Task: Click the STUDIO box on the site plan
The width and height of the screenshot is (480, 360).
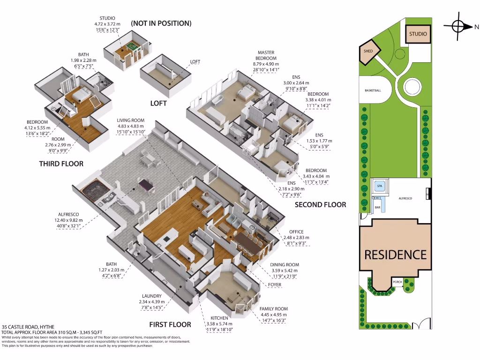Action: pos(418,34)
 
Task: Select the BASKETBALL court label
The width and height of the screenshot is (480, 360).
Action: pos(373,90)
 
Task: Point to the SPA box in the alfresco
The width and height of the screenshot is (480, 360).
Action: pos(379,186)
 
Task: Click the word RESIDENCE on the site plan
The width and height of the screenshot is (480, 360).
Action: pos(396,255)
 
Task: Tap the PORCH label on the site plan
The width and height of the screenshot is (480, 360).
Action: pos(397,282)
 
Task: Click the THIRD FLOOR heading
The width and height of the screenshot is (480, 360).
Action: pos(61,164)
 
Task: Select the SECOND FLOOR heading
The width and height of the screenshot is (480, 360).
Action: pos(320,204)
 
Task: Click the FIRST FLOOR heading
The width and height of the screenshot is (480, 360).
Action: pos(170,324)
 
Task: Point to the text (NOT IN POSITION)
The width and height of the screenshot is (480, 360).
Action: pos(161,23)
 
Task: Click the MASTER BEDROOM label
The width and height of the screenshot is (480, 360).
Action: pos(266,55)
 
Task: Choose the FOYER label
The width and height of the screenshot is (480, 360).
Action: pos(275,285)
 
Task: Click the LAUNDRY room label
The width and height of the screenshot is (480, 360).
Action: pos(152,296)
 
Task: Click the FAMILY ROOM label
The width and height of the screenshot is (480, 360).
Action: pos(274,309)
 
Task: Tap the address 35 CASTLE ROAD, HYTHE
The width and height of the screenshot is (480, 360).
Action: pos(28,327)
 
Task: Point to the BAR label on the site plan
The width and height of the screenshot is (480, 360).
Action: pos(377,207)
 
